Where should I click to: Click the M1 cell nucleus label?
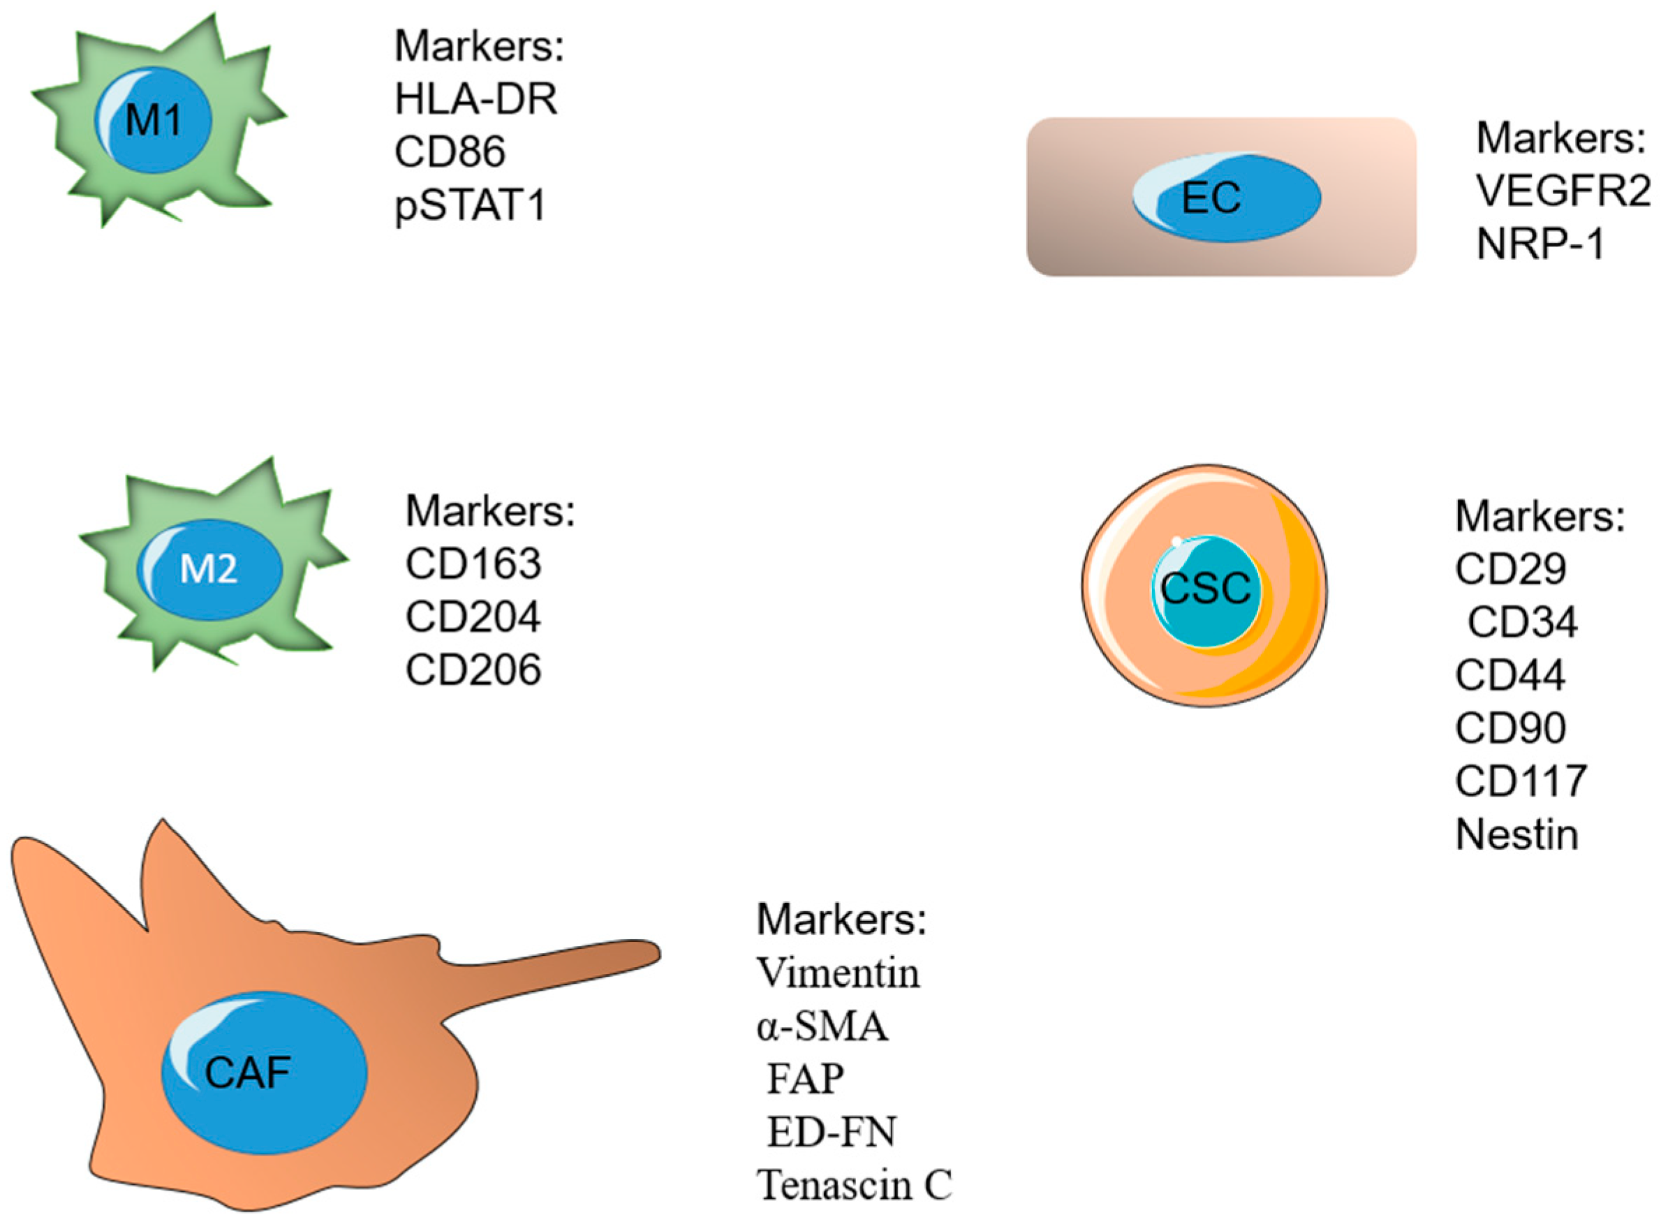[154, 120]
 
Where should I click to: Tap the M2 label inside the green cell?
[209, 569]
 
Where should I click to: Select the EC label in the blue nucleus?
[1211, 198]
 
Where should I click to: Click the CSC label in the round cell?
[1205, 589]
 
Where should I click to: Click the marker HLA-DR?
[475, 99]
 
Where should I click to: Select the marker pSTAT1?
[471, 205]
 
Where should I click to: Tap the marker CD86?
[449, 152]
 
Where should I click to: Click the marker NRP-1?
[1540, 244]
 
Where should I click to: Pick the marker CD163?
[473, 564]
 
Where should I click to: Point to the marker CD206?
[473, 670]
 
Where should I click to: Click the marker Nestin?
[1516, 834]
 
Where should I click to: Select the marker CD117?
[1520, 781]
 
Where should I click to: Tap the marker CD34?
[1522, 621]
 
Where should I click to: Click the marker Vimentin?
[838, 973]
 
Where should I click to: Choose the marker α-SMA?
[822, 1027]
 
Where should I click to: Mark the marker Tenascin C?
[853, 1185]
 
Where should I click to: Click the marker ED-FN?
[832, 1132]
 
